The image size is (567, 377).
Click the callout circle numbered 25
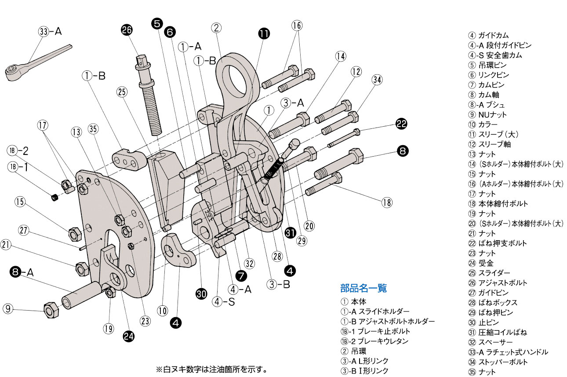122,92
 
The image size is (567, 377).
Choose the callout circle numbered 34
377,80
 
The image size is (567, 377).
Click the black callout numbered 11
264,33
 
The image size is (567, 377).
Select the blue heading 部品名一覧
363,288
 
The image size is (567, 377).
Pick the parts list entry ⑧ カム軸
484,95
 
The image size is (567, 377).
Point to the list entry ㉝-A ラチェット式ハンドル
508,352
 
